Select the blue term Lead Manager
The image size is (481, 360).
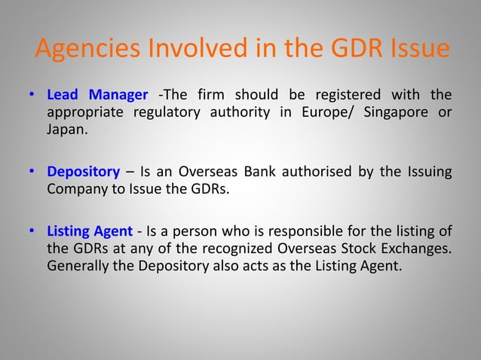coord(97,95)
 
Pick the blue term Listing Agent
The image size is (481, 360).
coord(87,231)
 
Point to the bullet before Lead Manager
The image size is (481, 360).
coord(32,96)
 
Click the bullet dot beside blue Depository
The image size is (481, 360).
coord(32,171)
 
